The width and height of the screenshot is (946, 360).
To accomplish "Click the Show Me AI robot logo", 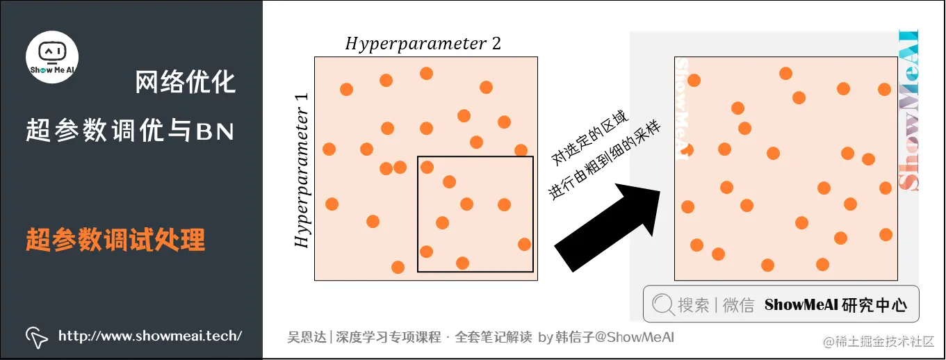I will click(x=52, y=56).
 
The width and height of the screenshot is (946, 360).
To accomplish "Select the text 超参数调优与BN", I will click(x=131, y=130).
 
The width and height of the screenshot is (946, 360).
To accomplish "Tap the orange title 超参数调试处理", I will click(x=115, y=240).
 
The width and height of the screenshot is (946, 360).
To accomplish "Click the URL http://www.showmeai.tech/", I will click(x=150, y=336).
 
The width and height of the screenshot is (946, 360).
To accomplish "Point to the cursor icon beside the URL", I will click(x=36, y=337).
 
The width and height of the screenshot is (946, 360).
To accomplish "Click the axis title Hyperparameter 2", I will click(x=423, y=44).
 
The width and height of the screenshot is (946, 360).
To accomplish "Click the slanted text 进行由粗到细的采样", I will click(x=605, y=160).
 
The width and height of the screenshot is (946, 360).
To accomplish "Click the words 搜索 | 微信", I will click(x=716, y=305).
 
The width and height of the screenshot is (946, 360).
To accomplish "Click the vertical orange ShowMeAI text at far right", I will click(x=908, y=111).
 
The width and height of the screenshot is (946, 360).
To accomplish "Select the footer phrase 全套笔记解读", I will click(x=493, y=338).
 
